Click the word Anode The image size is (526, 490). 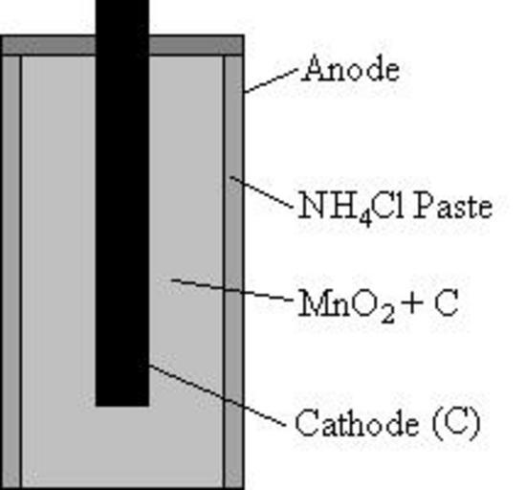[x=351, y=69]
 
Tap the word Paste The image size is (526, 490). [x=452, y=206]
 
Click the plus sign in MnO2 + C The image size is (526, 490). [x=413, y=303]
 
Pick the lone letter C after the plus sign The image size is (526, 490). [x=447, y=303]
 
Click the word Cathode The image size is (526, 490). [x=357, y=423]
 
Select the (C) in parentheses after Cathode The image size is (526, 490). [x=456, y=424]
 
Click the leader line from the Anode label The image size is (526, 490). [x=271, y=80]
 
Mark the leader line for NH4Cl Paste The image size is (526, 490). [x=261, y=192]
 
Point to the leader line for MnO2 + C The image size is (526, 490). [x=231, y=289]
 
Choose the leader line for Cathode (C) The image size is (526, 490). [x=218, y=395]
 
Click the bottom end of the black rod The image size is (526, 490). [x=122, y=406]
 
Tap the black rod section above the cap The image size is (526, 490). [x=122, y=17]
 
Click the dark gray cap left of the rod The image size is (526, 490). [x=49, y=45]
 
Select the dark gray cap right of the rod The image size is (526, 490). [x=196, y=45]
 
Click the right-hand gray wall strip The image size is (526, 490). [x=233, y=271]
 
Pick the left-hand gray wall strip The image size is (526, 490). [x=11, y=271]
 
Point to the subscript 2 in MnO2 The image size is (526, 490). [x=387, y=315]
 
